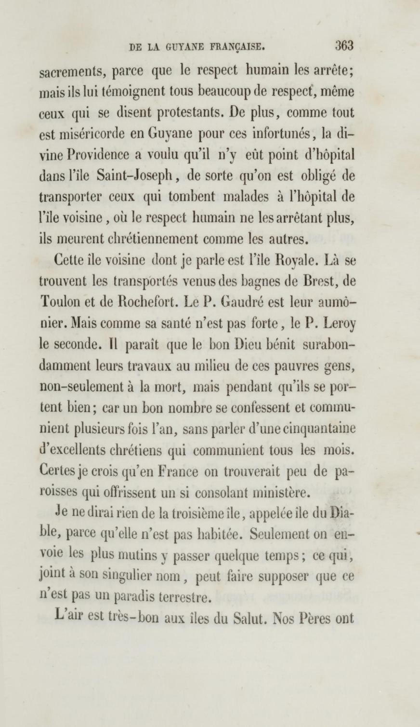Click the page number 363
click(344, 46)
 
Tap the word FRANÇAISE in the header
click(242, 47)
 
